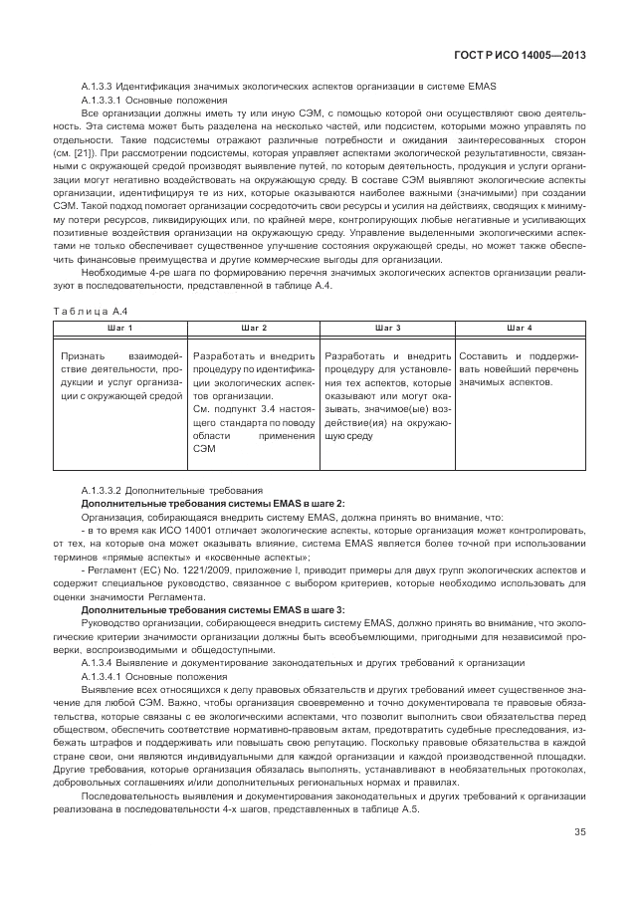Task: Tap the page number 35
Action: click(x=578, y=833)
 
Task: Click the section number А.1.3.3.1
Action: click(x=105, y=102)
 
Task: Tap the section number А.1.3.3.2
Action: click(x=105, y=491)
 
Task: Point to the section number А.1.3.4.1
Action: click(x=105, y=676)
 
